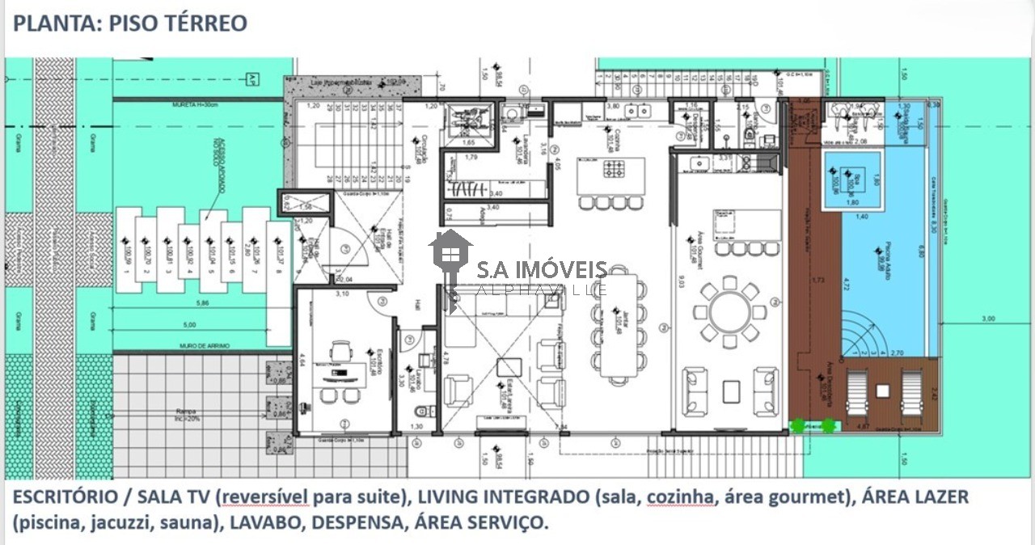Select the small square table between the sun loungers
tap(882, 391)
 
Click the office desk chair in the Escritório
tap(341, 351)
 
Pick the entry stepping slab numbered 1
tap(126, 250)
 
